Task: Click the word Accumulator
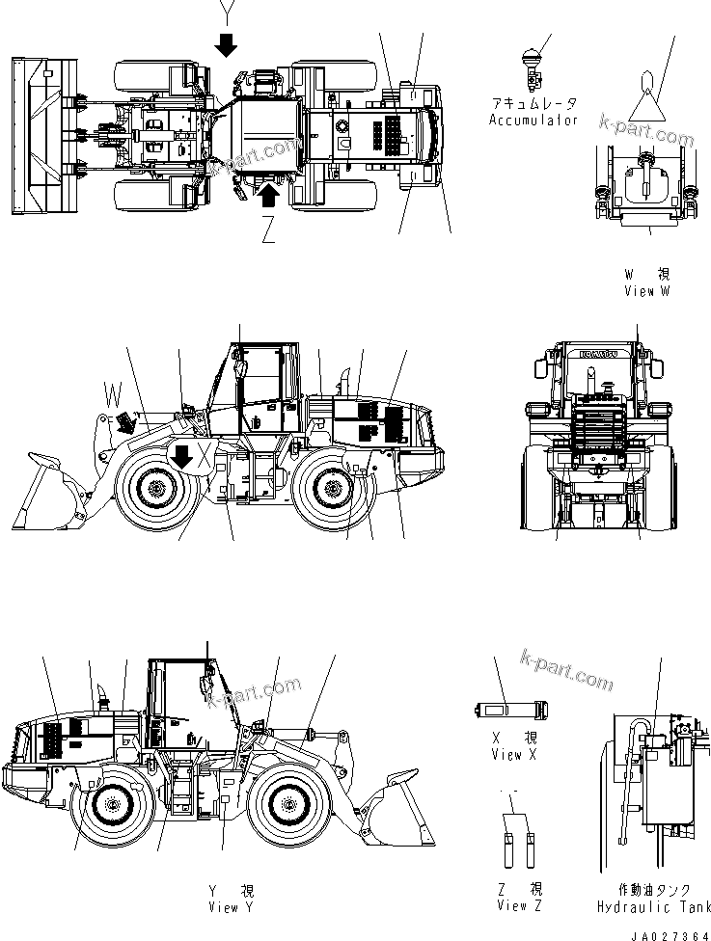point(533,121)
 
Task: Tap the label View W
point(646,290)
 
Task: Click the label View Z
point(520,905)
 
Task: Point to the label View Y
point(231,907)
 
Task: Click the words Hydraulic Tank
point(653,907)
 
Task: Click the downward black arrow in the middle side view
point(180,454)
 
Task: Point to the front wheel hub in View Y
point(287,802)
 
